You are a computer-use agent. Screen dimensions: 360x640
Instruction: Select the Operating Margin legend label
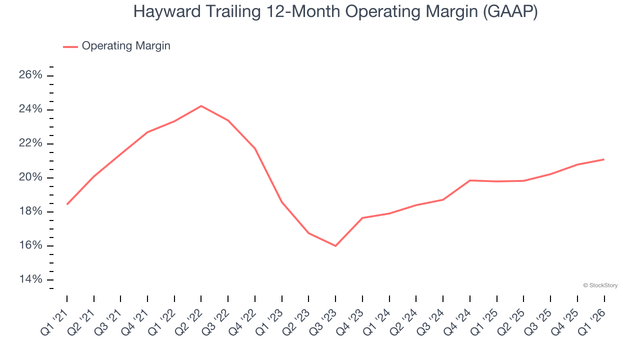(x=126, y=46)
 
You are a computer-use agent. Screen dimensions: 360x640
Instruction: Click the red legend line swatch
(x=70, y=46)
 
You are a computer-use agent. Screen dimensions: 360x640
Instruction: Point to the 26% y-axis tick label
(x=30, y=75)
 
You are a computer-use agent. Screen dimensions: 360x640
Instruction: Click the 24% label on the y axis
(x=30, y=109)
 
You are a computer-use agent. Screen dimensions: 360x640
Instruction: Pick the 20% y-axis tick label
(x=30, y=177)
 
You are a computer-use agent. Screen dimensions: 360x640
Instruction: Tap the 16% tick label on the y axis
(x=30, y=245)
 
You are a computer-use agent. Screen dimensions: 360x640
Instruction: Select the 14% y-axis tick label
(x=30, y=279)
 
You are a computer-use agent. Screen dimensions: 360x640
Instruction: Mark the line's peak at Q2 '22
(x=201, y=106)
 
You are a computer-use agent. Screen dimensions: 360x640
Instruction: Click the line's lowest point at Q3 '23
(x=335, y=246)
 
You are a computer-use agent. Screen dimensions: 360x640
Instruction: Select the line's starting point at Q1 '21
(x=67, y=204)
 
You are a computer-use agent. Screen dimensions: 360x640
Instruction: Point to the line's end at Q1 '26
(x=604, y=159)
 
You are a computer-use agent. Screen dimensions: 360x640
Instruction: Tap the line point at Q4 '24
(x=470, y=180)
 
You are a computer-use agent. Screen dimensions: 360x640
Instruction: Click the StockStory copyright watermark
(x=600, y=285)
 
